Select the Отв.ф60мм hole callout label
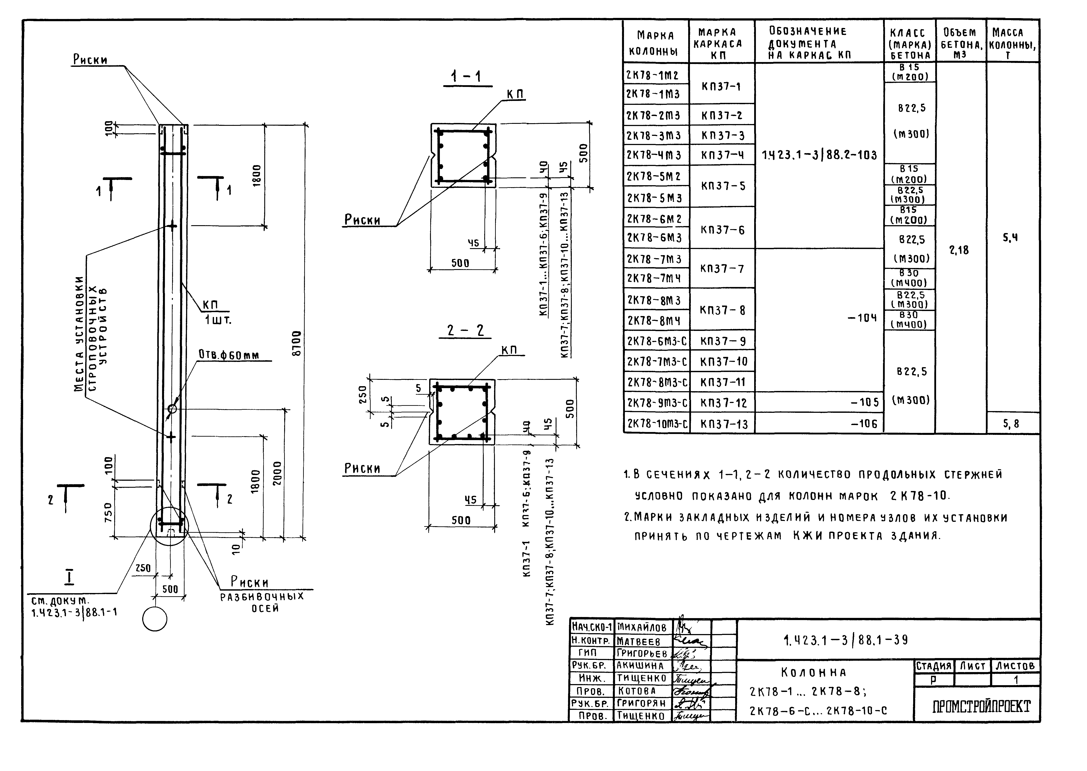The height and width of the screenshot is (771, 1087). (229, 355)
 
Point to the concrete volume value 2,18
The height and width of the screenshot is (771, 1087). (959, 250)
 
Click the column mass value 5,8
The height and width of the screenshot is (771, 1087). (1011, 424)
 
